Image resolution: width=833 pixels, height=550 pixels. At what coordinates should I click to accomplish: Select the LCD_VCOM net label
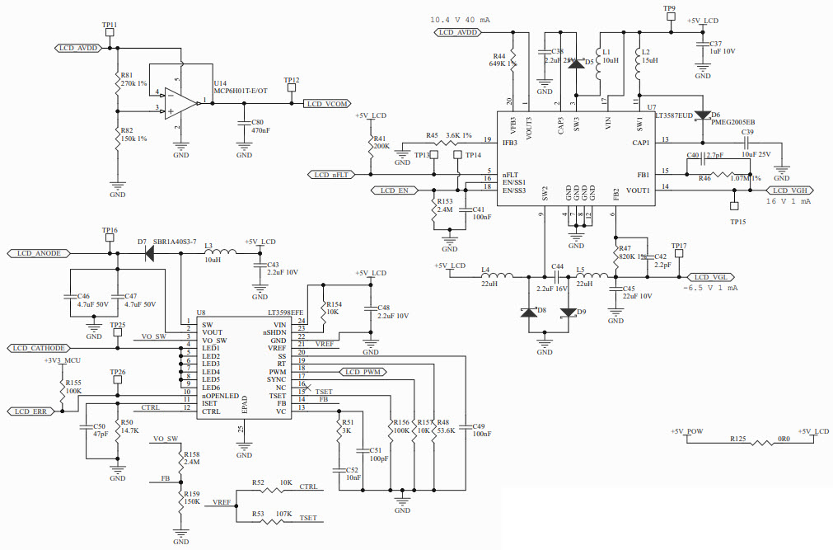tap(327, 104)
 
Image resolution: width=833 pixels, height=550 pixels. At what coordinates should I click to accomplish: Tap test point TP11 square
tap(110, 35)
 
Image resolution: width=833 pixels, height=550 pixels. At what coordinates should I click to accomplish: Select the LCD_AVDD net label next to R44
tap(458, 32)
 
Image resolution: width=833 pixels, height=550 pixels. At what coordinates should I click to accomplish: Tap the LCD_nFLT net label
tap(335, 175)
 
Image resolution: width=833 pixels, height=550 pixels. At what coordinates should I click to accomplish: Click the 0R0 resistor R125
tap(737, 442)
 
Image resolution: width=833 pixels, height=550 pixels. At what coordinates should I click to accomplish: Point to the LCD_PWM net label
tap(363, 372)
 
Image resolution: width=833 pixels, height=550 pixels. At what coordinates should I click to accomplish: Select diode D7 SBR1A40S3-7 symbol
tap(150, 253)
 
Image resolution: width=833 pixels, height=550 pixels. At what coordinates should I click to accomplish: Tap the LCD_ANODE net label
tap(38, 253)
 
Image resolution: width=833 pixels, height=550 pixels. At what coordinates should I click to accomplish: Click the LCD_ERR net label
tap(32, 411)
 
